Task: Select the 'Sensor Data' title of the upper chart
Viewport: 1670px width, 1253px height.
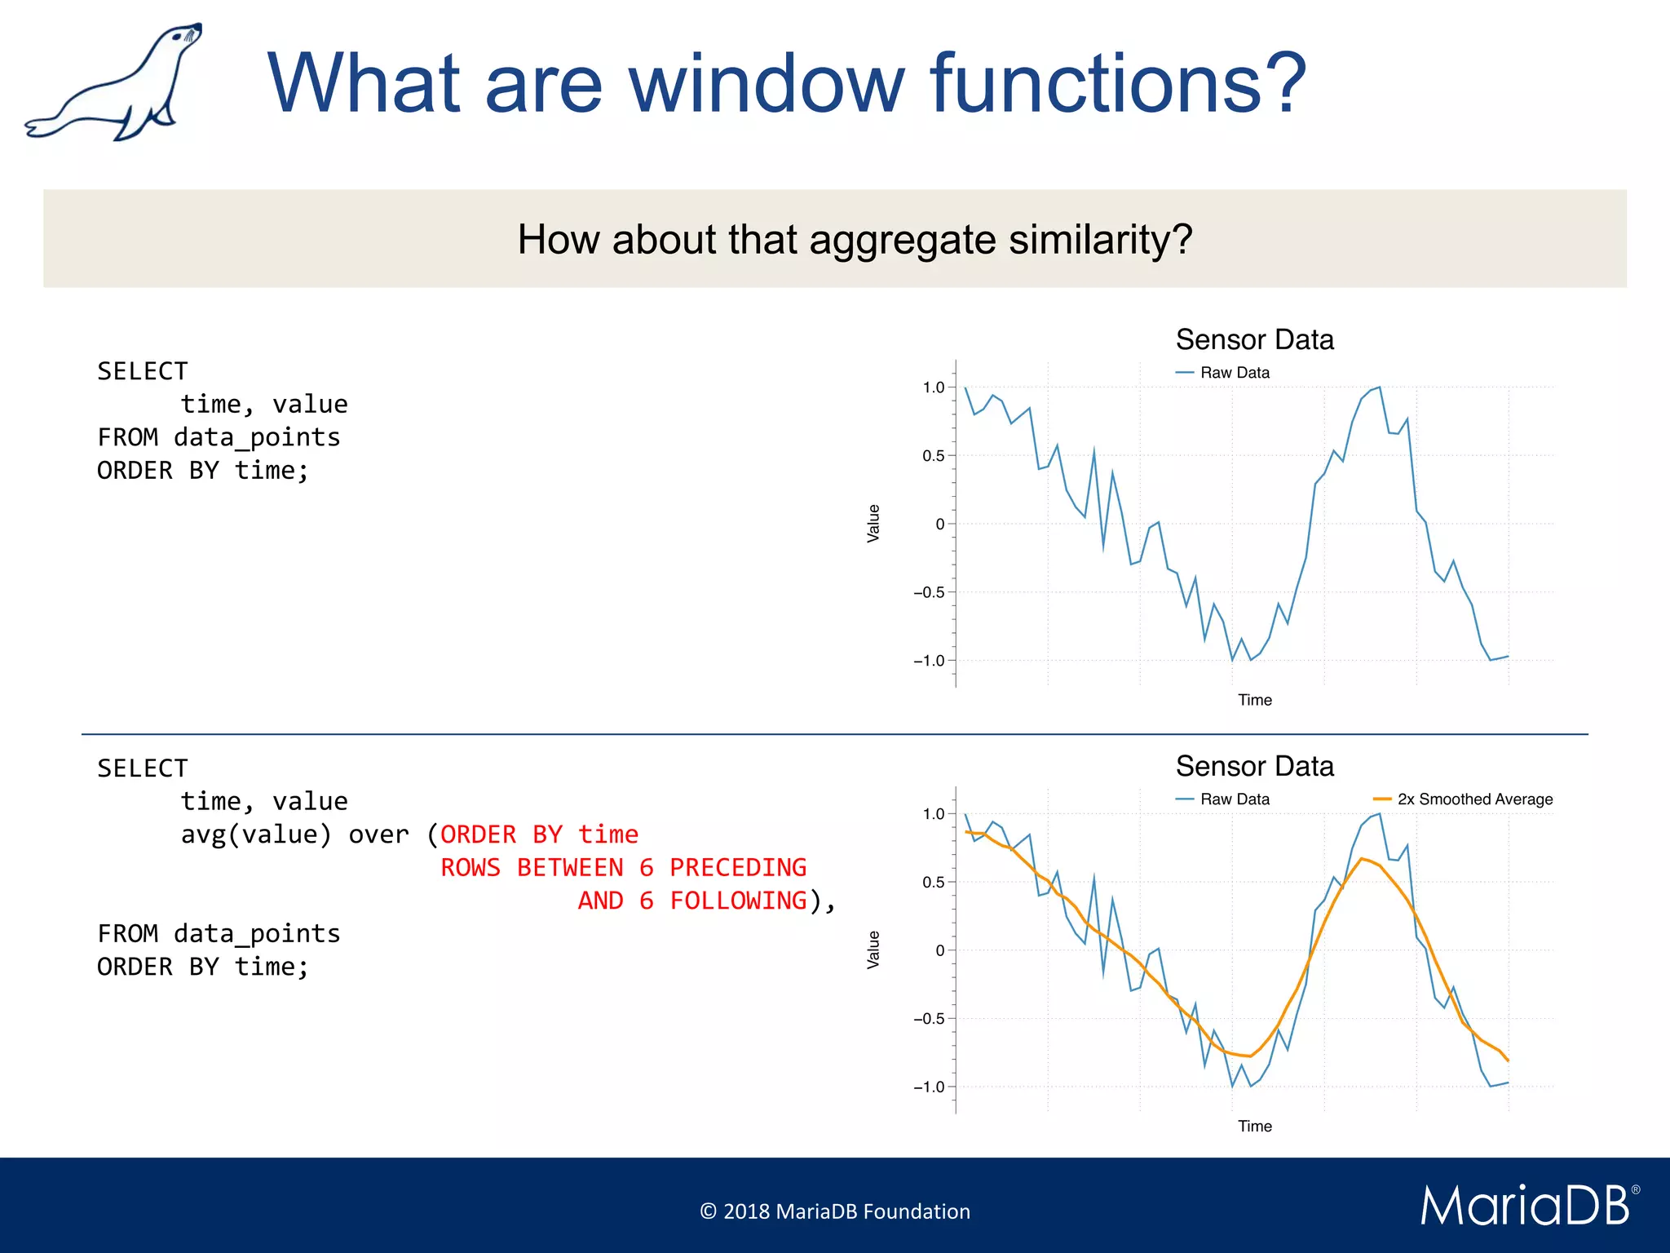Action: point(1254,339)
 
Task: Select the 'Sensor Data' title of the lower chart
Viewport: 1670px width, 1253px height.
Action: point(1254,766)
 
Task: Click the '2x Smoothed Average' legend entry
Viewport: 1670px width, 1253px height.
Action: point(1473,799)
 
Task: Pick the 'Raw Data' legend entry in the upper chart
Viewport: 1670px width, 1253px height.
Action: point(1234,373)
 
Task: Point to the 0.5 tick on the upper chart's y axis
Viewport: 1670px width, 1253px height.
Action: point(934,455)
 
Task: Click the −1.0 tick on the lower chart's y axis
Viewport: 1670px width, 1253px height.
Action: point(930,1087)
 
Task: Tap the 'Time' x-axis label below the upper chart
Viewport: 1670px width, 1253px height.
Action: point(1254,700)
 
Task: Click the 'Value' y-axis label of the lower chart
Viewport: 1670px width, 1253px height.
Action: point(873,950)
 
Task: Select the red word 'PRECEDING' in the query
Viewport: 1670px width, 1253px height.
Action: point(737,867)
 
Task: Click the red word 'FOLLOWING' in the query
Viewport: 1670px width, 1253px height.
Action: point(737,901)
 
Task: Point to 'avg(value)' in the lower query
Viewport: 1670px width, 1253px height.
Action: point(256,835)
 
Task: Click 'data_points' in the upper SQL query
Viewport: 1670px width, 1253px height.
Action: point(257,437)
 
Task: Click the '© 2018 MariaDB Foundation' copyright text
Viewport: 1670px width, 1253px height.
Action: point(835,1211)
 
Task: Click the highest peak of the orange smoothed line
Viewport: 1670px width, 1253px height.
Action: point(1362,859)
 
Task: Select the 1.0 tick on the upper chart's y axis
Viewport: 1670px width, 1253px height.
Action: point(934,387)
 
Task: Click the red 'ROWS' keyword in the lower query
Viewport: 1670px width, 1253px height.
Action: point(471,867)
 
